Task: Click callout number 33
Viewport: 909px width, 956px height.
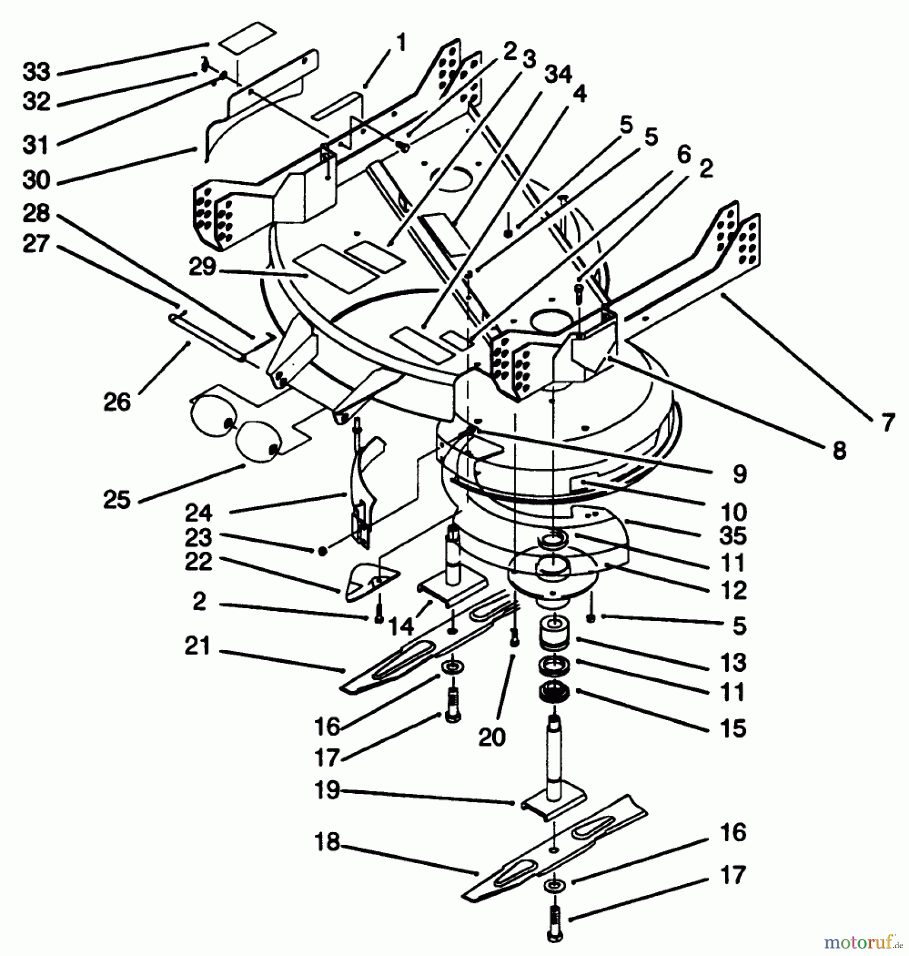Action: (36, 72)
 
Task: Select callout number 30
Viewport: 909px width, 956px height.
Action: (36, 180)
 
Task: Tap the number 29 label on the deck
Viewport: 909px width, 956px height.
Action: (203, 267)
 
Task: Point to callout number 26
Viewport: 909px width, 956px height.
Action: (117, 402)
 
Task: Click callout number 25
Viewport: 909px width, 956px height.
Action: (117, 499)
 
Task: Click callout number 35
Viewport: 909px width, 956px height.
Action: (733, 536)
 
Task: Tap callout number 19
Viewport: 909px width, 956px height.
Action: (327, 790)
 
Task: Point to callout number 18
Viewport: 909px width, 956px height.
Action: (327, 842)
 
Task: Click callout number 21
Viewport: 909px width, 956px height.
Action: (198, 646)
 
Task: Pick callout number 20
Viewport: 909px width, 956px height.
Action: (492, 737)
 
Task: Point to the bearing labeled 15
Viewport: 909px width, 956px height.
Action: (554, 692)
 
